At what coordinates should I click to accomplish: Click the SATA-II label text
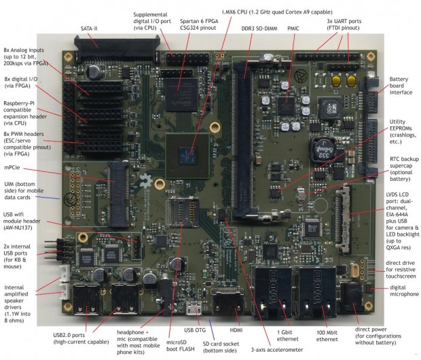pyautogui.click(x=89, y=29)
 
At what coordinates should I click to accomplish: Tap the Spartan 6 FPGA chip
pyautogui.click(x=181, y=95)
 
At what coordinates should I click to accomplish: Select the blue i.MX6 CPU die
pyautogui.click(x=187, y=156)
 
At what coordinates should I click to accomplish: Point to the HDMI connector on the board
pyautogui.click(x=227, y=302)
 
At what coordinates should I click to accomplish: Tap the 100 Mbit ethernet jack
pyautogui.click(x=317, y=292)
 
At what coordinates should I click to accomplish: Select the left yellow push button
pyautogui.click(x=336, y=80)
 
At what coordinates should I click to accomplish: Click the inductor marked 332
pyautogui.click(x=323, y=150)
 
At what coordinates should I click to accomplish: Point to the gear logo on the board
pyautogui.click(x=146, y=181)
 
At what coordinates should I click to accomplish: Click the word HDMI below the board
pyautogui.click(x=236, y=330)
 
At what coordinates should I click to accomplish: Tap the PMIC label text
pyautogui.click(x=293, y=29)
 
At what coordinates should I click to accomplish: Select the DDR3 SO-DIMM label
pyautogui.click(x=259, y=29)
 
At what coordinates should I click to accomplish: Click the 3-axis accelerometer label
pyautogui.click(x=277, y=350)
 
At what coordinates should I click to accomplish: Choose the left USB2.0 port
pyautogui.click(x=86, y=300)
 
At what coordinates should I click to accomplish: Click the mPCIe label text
pyautogui.click(x=12, y=167)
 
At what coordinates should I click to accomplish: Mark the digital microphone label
pyautogui.click(x=404, y=291)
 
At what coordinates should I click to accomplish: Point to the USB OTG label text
pyautogui.click(x=195, y=330)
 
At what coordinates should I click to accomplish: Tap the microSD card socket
pyautogui.click(x=183, y=212)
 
